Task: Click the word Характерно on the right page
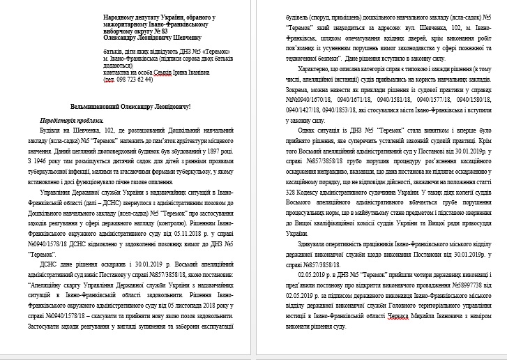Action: [325, 70]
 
